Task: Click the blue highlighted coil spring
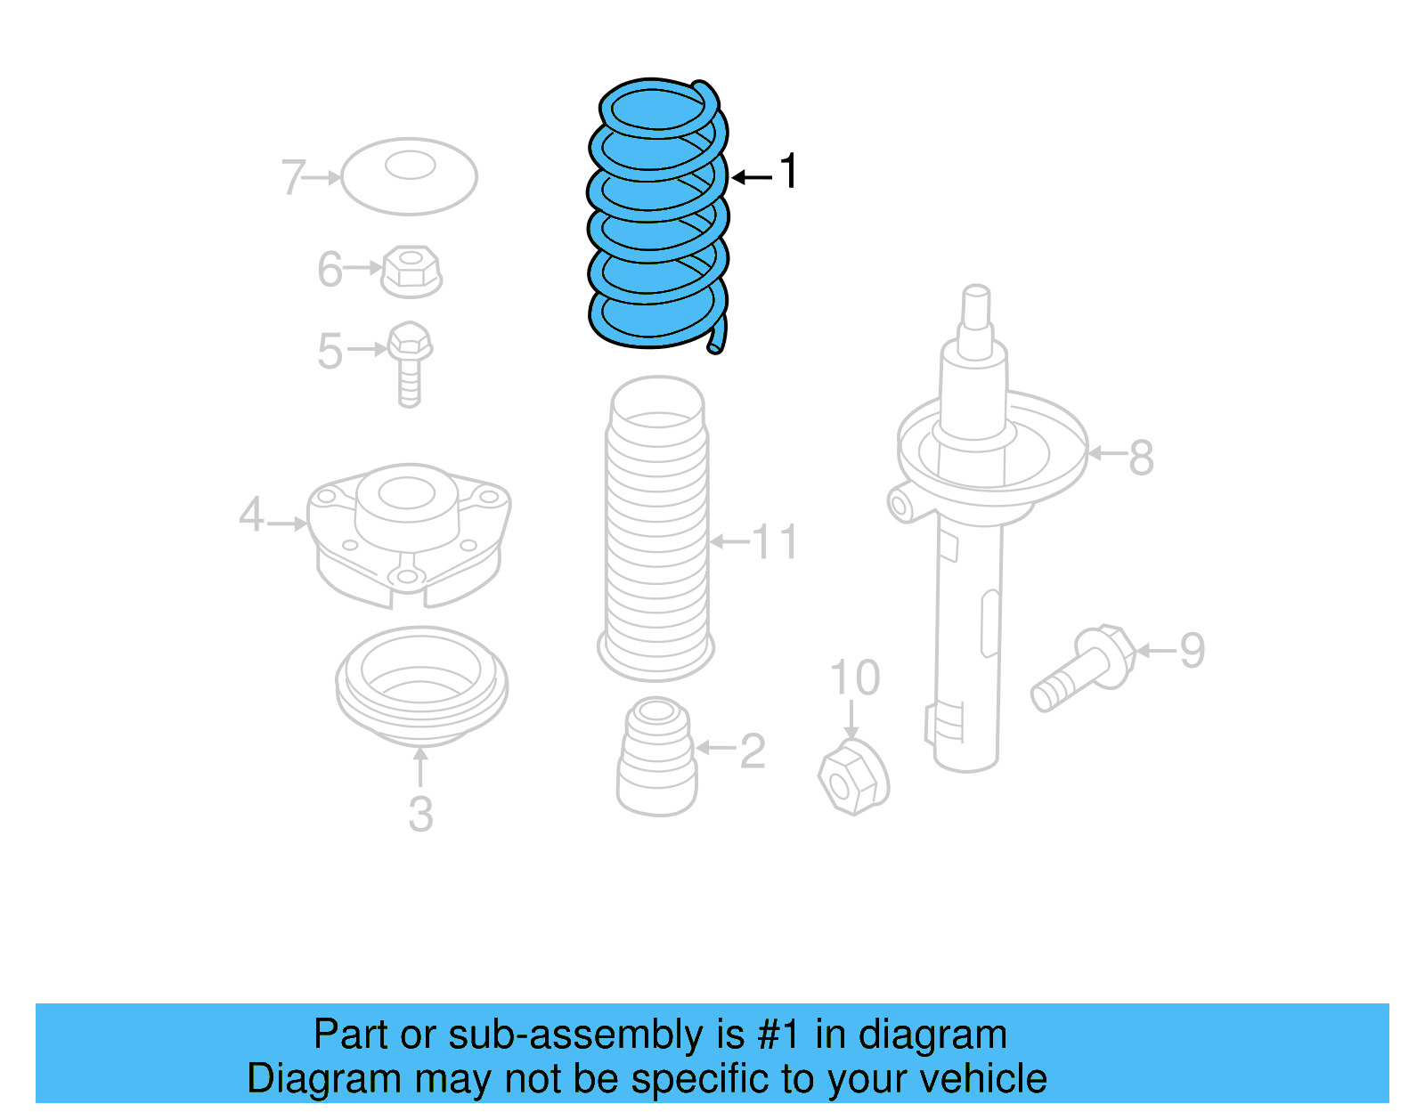pyautogui.click(x=657, y=214)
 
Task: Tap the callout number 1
pyautogui.click(x=788, y=171)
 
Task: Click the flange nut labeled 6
pyautogui.click(x=411, y=271)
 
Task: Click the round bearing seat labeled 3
pyautogui.click(x=421, y=686)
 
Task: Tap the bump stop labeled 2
pyautogui.click(x=656, y=757)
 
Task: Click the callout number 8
pyautogui.click(x=1141, y=458)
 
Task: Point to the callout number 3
pyautogui.click(x=420, y=814)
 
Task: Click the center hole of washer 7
pyautogui.click(x=410, y=165)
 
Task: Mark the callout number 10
pyautogui.click(x=855, y=678)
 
